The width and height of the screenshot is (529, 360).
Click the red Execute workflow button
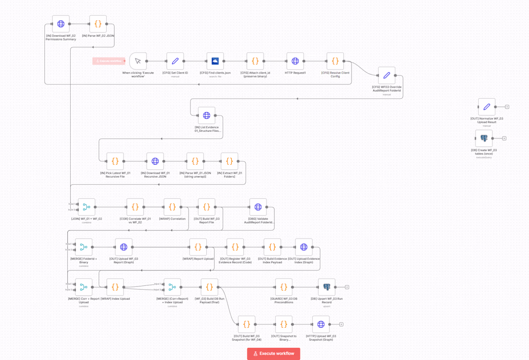click(x=273, y=353)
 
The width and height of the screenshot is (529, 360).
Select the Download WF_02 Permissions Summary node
click(x=61, y=24)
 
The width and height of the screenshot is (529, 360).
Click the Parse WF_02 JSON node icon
click(x=98, y=24)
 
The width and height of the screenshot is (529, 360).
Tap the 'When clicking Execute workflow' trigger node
click(x=138, y=61)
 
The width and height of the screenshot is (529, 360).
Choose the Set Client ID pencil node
click(x=175, y=61)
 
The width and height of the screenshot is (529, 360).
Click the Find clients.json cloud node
click(x=215, y=61)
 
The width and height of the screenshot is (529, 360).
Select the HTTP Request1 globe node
click(x=295, y=61)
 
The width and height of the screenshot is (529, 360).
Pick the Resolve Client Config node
click(x=335, y=61)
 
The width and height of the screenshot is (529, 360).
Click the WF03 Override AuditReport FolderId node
click(x=387, y=76)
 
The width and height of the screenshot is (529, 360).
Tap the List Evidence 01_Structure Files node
click(x=207, y=116)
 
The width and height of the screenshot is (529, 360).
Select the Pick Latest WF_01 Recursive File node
click(x=115, y=161)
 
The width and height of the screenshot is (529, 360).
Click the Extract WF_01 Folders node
click(x=229, y=161)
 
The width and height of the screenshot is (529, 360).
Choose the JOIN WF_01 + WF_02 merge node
click(x=87, y=207)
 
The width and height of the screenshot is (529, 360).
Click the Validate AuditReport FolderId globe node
click(x=258, y=207)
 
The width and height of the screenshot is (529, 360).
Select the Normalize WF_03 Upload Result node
click(x=487, y=107)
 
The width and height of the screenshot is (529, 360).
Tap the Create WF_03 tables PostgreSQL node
click(x=484, y=138)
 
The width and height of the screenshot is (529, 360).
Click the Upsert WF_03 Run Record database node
click(x=327, y=287)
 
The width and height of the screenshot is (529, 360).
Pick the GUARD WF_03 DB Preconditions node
click(x=284, y=287)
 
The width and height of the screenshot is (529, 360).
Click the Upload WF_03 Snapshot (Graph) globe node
click(x=321, y=324)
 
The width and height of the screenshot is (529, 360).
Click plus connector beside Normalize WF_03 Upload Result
click(x=507, y=107)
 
